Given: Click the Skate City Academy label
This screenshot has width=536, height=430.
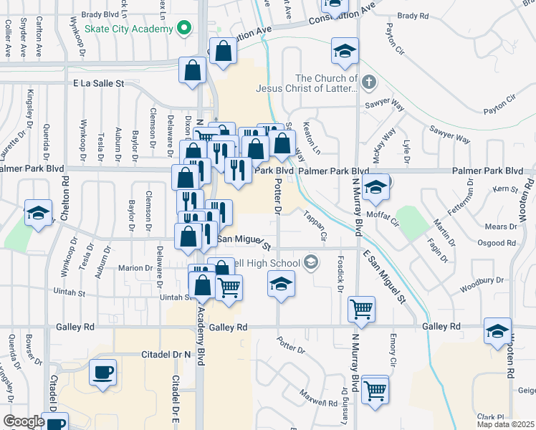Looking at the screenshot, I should click(x=129, y=29).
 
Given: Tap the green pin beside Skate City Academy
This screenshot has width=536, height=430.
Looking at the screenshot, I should click(x=184, y=29).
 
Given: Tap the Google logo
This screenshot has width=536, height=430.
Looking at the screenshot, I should click(x=23, y=421).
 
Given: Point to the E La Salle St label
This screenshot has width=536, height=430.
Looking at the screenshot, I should click(x=98, y=84).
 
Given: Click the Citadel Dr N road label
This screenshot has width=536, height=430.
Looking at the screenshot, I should click(x=141, y=353).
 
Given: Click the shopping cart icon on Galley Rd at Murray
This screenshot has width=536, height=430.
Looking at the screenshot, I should click(x=361, y=310).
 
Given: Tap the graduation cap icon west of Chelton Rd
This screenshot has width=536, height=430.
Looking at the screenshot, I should click(x=38, y=213).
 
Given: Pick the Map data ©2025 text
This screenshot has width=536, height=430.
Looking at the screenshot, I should click(x=506, y=424).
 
